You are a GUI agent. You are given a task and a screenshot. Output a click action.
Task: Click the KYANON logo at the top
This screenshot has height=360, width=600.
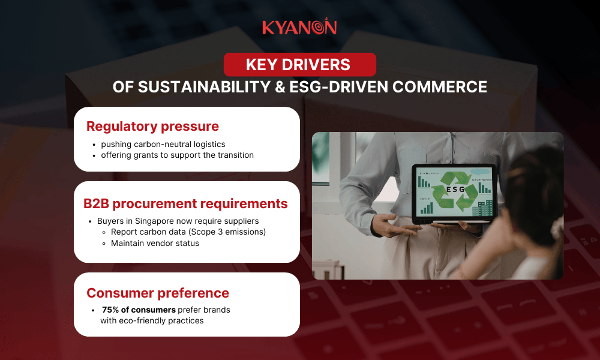coord(299,28)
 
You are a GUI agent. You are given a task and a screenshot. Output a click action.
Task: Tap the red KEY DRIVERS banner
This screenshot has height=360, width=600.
coord(299,64)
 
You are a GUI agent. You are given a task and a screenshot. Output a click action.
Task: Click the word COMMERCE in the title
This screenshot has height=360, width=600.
coord(439,86)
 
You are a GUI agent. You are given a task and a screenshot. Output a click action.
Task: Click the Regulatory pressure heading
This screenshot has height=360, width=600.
coord(152,127)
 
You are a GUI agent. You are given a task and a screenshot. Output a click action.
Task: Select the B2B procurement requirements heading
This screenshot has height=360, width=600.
coord(185,203)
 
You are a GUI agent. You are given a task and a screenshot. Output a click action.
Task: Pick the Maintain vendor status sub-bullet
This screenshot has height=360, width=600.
coord(155,243)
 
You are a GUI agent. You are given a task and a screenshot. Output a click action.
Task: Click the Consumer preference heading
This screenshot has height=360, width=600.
coord(158,293)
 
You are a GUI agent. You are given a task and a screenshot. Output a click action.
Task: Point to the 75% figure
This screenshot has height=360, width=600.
coord(111,310)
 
